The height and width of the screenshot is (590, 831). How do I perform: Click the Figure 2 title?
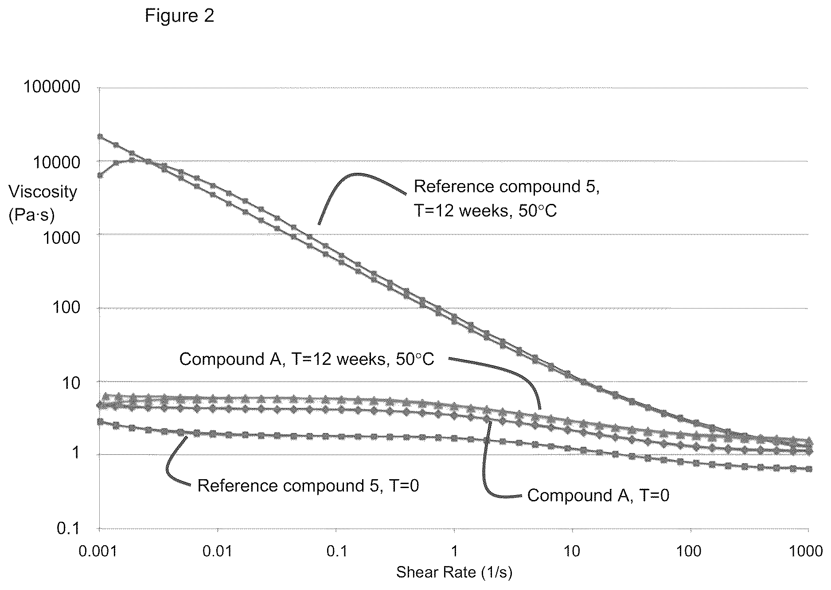(179, 16)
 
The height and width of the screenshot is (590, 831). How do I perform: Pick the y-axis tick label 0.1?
(69, 528)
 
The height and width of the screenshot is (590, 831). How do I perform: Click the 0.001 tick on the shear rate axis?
(98, 551)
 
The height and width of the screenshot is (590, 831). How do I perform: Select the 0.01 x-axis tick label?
(218, 551)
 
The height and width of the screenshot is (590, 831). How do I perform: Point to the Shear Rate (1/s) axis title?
(454, 572)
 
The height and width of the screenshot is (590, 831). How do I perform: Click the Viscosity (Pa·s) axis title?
(43, 203)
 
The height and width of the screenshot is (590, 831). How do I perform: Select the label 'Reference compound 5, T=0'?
(308, 486)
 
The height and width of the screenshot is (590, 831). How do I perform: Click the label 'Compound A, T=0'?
(598, 495)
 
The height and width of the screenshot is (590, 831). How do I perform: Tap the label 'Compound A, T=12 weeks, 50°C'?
(307, 359)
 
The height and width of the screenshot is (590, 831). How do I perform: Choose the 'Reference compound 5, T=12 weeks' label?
(507, 199)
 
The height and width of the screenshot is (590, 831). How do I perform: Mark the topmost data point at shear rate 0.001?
(100, 137)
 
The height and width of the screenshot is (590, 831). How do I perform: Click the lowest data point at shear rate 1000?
(808, 469)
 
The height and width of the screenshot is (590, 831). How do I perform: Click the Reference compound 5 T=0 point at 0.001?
(100, 422)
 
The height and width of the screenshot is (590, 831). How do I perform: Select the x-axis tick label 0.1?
(336, 551)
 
